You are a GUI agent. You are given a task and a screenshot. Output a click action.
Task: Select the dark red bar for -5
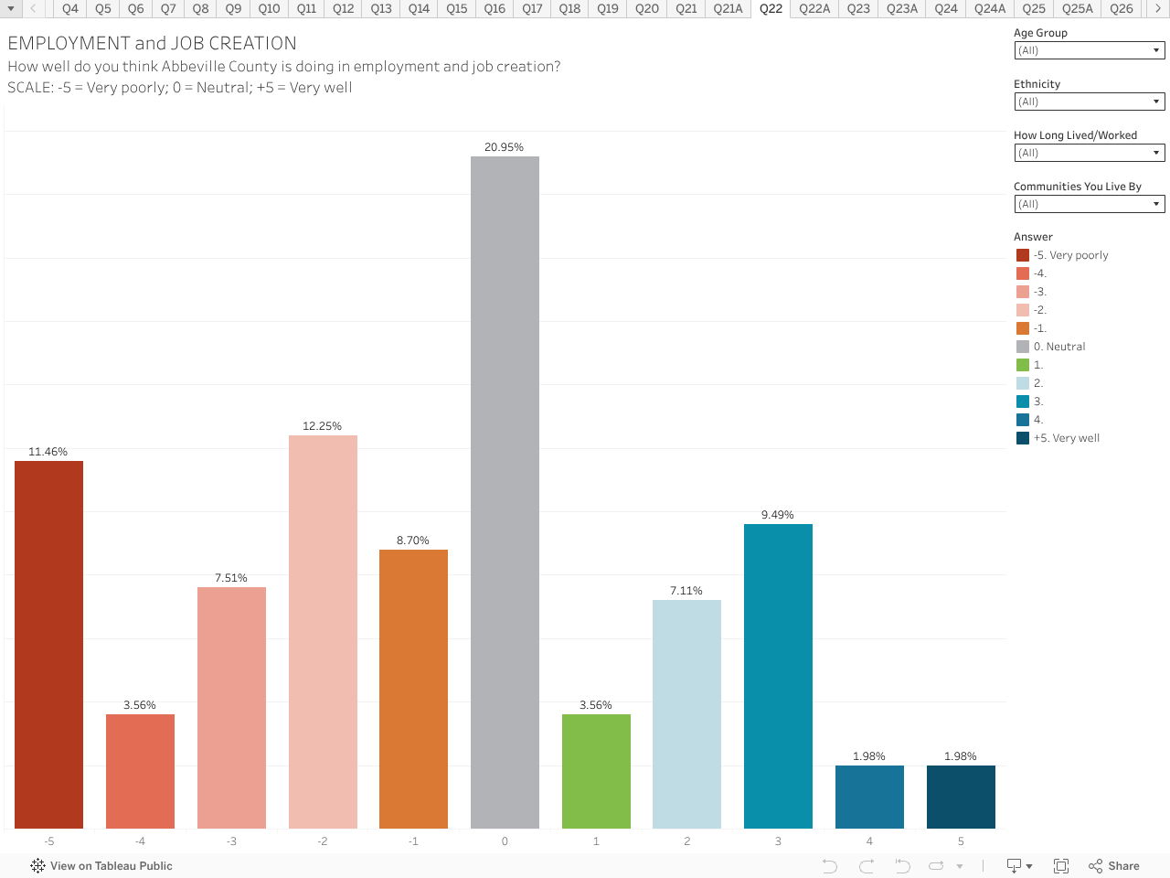(x=48, y=644)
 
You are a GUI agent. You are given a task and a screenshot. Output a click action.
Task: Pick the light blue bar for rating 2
(x=686, y=713)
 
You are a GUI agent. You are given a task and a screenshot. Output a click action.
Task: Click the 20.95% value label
(x=504, y=147)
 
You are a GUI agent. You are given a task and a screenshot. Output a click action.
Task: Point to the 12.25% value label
(x=322, y=426)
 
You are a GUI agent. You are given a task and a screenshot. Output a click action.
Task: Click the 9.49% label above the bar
(x=777, y=515)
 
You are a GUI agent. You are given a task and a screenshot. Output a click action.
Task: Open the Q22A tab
(x=814, y=8)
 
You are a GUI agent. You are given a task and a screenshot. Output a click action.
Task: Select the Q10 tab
(x=269, y=8)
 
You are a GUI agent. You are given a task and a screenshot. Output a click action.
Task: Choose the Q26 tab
(x=1121, y=8)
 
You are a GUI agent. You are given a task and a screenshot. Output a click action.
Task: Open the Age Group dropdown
(x=1089, y=50)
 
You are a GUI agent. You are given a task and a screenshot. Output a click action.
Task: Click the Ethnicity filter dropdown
(x=1089, y=102)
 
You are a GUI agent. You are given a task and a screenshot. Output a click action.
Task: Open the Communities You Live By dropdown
(x=1089, y=204)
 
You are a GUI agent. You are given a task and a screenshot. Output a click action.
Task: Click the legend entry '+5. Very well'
(x=1066, y=438)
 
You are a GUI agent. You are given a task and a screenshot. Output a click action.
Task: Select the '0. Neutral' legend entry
(x=1058, y=347)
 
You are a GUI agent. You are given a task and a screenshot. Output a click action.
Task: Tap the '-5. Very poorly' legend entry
(x=1070, y=255)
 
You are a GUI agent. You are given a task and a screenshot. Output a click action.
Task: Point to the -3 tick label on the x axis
(x=231, y=841)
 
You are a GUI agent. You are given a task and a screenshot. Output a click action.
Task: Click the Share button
(x=1114, y=866)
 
